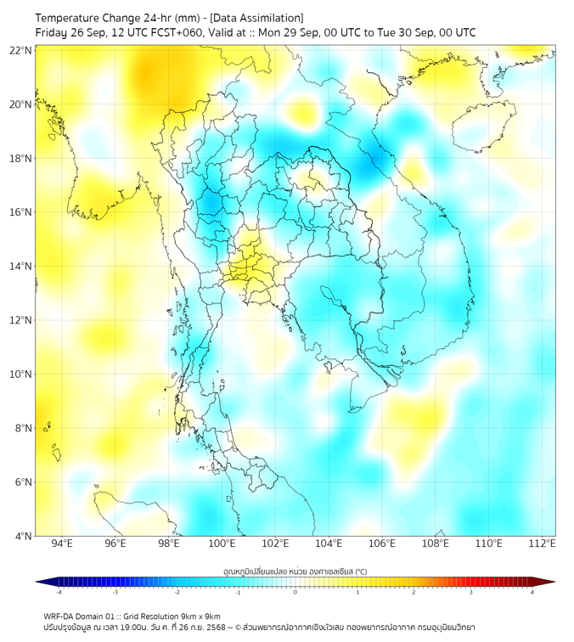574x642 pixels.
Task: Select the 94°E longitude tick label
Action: [x=62, y=543]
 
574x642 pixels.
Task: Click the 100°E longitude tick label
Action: [x=222, y=543]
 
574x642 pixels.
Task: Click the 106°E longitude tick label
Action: [x=382, y=543]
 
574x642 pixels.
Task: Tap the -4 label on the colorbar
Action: [x=58, y=592]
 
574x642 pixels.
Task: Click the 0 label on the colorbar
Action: [x=295, y=592]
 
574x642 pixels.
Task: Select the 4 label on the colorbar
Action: [x=532, y=592]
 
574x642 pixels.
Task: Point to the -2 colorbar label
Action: [x=176, y=592]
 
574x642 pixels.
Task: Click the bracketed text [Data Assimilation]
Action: [x=260, y=18]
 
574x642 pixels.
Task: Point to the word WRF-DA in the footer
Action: [x=61, y=616]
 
